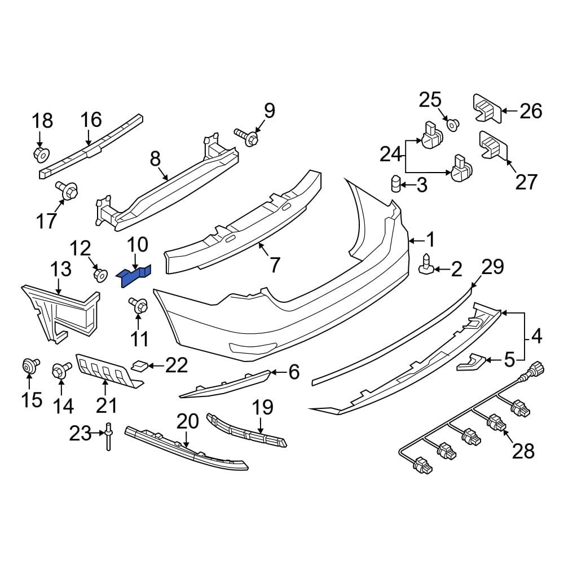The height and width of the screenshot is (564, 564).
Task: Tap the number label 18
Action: coord(42,121)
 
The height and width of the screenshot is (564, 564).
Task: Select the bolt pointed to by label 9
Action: coord(246,136)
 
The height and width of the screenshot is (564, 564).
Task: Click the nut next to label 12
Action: coord(100,275)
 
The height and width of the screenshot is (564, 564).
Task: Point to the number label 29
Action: coord(492,267)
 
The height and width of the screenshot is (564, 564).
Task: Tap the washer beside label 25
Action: coord(452,124)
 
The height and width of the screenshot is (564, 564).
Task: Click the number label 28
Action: coord(523,450)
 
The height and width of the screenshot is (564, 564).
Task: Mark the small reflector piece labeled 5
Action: coord(470,362)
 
